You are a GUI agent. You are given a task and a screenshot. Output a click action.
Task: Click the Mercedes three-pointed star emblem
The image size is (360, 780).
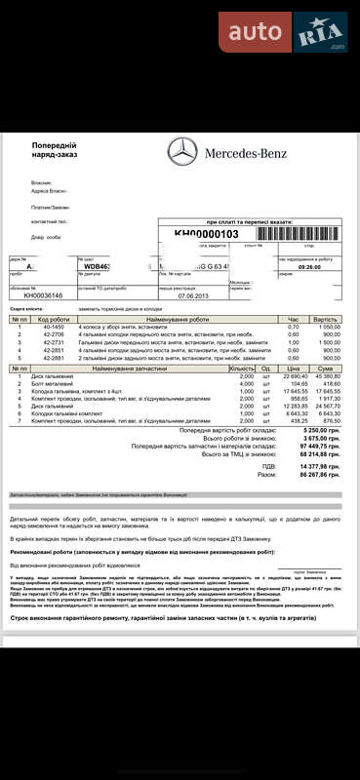coord(182,153)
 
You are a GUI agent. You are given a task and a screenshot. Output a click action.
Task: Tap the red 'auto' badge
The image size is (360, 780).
coord(257,32)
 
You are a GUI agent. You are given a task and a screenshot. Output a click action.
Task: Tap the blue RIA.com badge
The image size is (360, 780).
coord(322,32)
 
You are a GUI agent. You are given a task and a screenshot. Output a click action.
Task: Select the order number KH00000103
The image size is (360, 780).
coord(206,234)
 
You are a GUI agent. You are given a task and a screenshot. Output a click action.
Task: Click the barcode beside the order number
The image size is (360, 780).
coord(294,234)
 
